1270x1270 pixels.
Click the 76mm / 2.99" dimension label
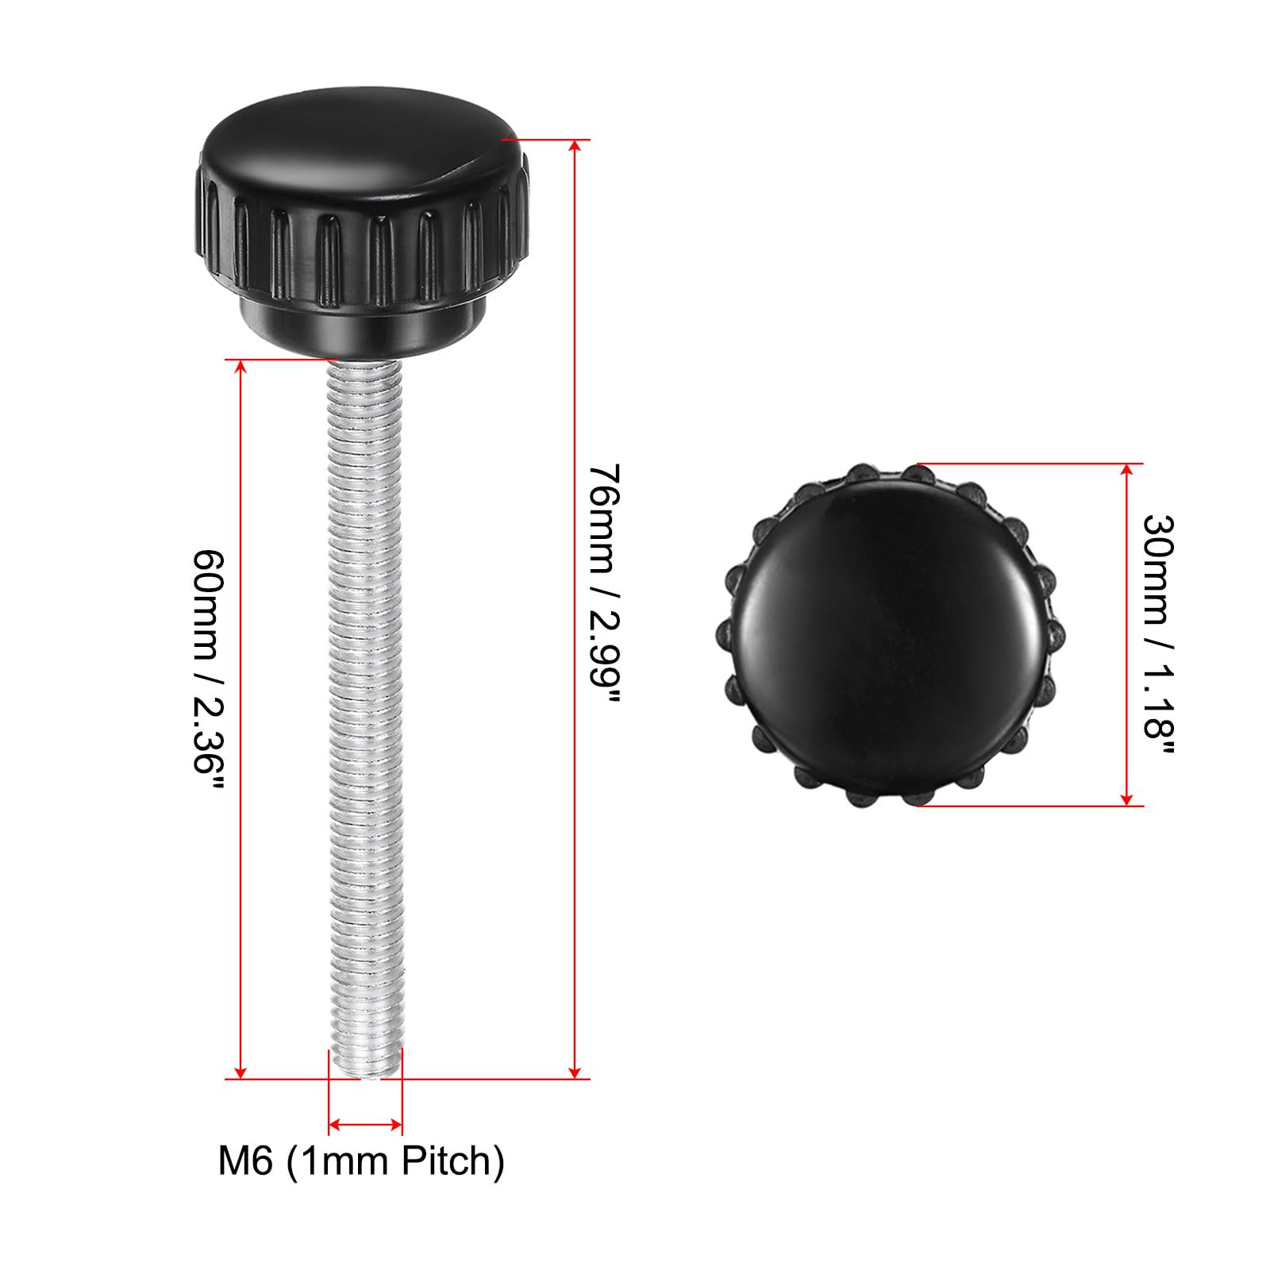604,583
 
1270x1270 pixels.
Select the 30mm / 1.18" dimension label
1158,635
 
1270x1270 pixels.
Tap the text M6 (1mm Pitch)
361,1161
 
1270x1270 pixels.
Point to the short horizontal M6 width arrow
365,1124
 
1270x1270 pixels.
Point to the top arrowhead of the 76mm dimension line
575,147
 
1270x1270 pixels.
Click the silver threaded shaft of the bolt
365,714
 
